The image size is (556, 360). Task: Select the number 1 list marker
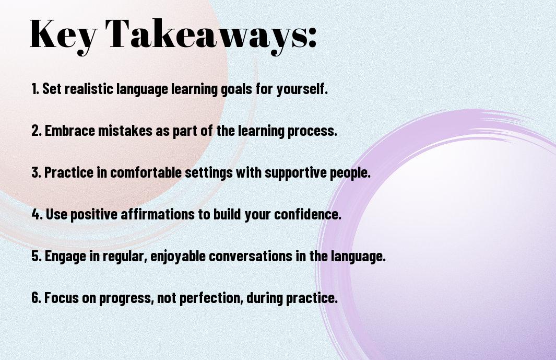tap(35, 89)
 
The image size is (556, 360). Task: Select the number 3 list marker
tap(36, 172)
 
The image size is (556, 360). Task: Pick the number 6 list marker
tap(36, 297)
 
